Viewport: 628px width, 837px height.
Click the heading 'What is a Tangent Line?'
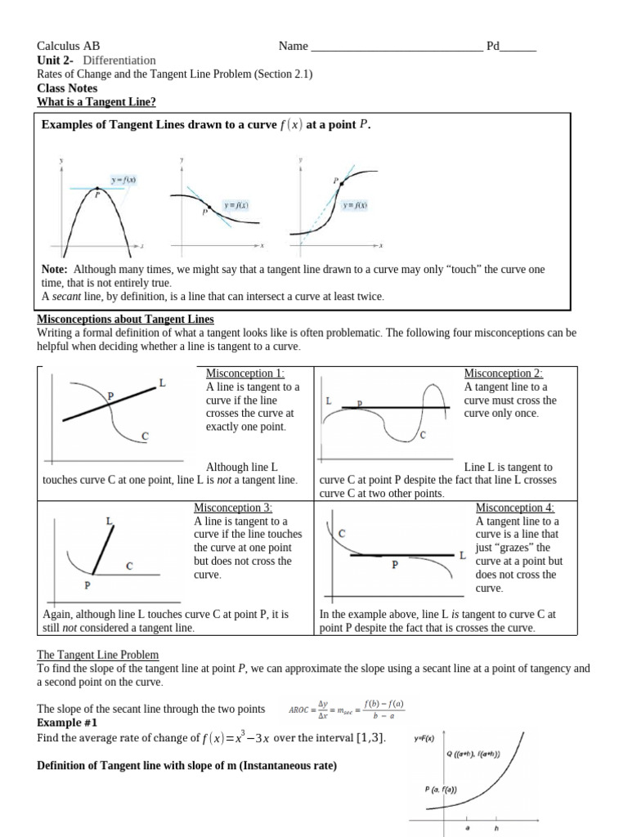pyautogui.click(x=96, y=102)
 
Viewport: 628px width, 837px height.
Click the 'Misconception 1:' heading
pyautogui.click(x=245, y=373)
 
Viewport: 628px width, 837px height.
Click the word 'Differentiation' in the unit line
pyautogui.click(x=119, y=60)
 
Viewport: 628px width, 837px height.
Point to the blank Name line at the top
pyautogui.click(x=397, y=47)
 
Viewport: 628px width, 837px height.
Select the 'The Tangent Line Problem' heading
pyautogui.click(x=98, y=655)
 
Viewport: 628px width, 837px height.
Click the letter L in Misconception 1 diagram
pyautogui.click(x=162, y=382)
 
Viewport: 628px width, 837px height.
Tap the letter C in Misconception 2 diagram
pyautogui.click(x=423, y=436)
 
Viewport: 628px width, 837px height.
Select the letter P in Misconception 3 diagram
pyautogui.click(x=87, y=585)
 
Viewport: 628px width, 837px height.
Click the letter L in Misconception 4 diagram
pyautogui.click(x=463, y=555)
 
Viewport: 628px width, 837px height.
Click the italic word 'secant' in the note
pyautogui.click(x=65, y=297)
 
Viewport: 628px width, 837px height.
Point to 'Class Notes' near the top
pyautogui.click(x=67, y=88)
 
